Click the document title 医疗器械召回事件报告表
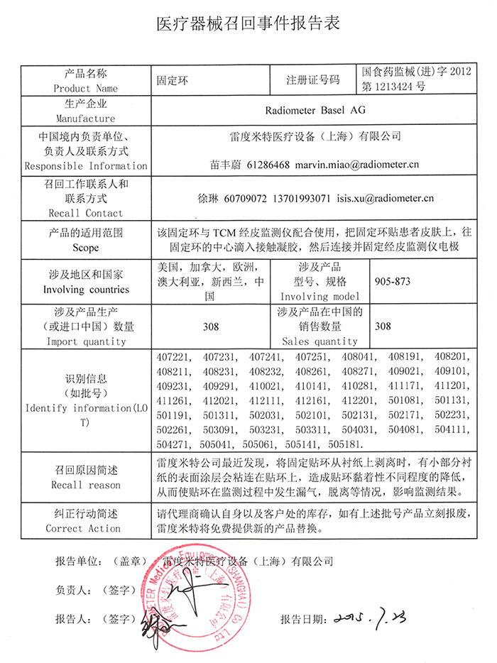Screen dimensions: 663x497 tap(248, 23)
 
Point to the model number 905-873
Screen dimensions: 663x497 tap(392, 281)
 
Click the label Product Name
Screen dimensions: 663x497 tap(85, 89)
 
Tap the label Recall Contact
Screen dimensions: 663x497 tap(85, 213)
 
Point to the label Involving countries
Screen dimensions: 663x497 tap(85, 290)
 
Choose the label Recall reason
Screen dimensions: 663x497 tap(85, 485)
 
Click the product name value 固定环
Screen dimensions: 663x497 tap(171, 80)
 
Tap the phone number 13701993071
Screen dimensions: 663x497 tap(302, 199)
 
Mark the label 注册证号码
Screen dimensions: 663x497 tap(313, 80)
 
